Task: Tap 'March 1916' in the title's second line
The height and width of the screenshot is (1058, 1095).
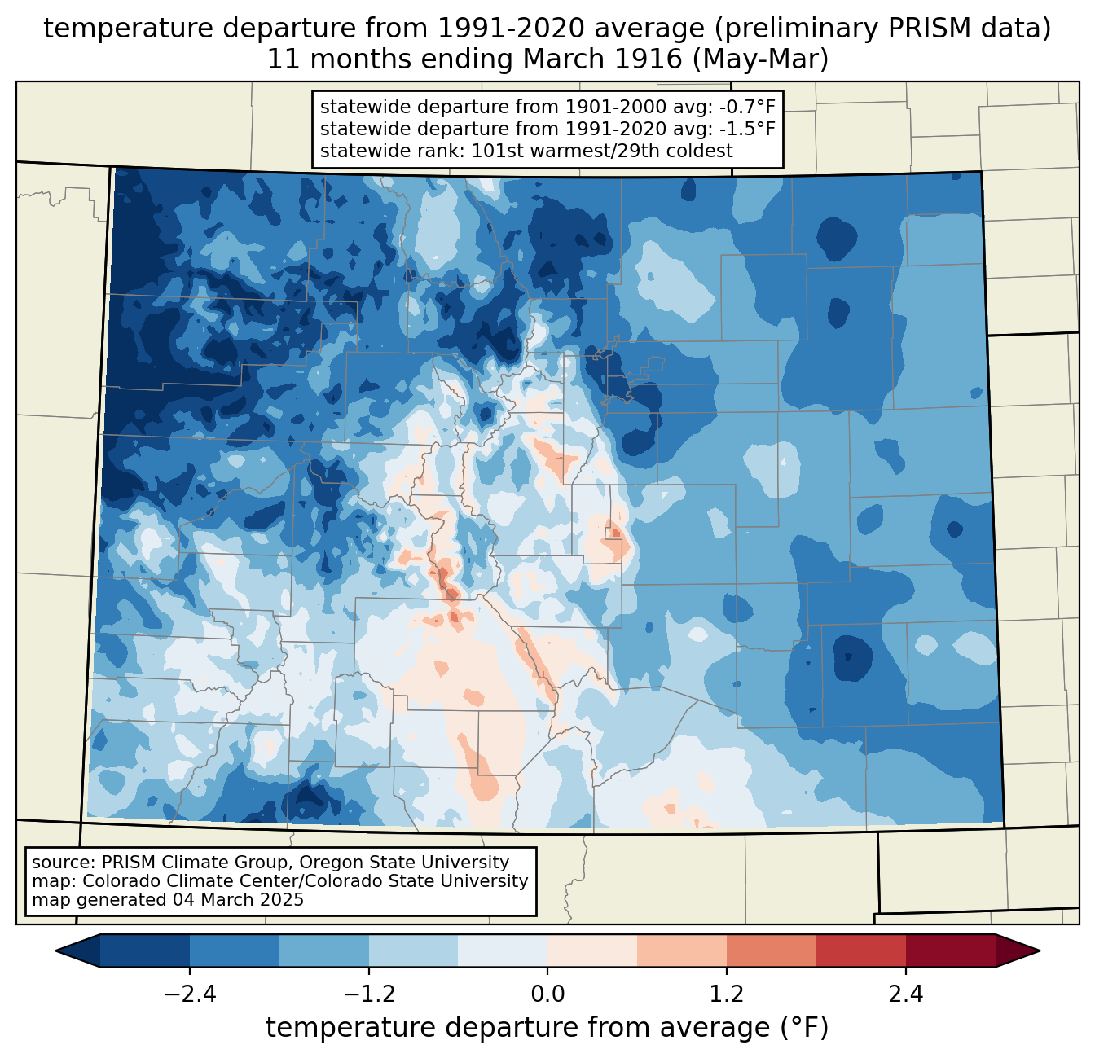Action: coord(602,59)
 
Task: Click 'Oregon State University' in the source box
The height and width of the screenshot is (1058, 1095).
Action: coord(404,863)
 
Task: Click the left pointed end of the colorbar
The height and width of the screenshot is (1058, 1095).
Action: coord(56,951)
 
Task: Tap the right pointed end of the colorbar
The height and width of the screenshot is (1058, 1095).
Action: coord(1040,951)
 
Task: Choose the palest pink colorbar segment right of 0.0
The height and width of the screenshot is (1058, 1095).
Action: coord(592,951)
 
